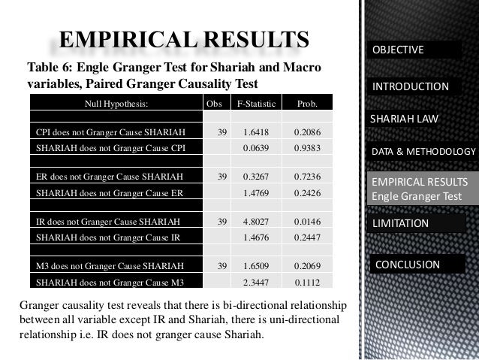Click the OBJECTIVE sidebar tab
(415, 50)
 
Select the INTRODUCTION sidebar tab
(416, 87)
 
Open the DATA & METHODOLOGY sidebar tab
(423, 153)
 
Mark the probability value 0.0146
(307, 222)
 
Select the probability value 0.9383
(307, 147)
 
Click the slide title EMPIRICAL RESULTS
(184, 38)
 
